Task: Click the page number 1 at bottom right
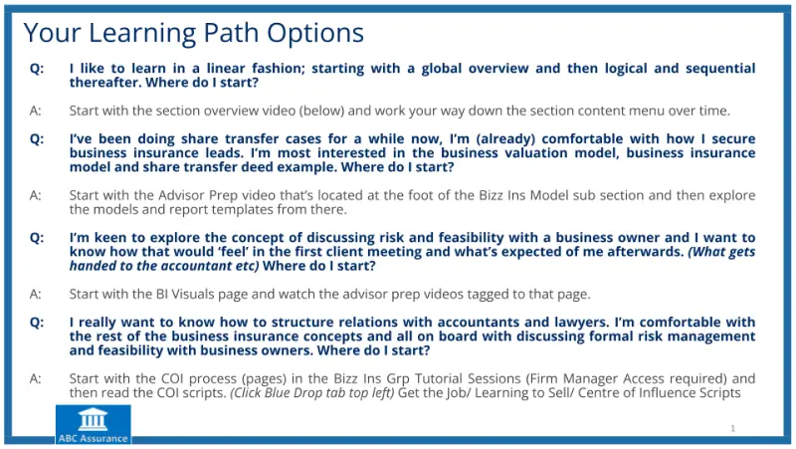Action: (732, 428)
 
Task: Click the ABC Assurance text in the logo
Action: (93, 438)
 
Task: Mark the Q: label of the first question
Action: (37, 69)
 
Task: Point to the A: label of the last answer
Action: (36, 379)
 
